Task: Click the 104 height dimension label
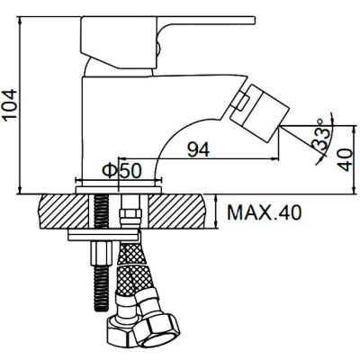9,105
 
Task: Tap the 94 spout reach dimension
198,149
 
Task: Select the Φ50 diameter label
121,171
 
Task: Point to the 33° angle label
320,135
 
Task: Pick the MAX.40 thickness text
264,212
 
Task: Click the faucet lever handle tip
254,20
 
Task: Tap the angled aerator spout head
259,113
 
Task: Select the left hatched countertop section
64,211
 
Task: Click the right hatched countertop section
176,211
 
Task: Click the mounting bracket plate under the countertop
104,235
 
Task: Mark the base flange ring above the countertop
119,190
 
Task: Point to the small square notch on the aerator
242,102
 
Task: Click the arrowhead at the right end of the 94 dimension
275,157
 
